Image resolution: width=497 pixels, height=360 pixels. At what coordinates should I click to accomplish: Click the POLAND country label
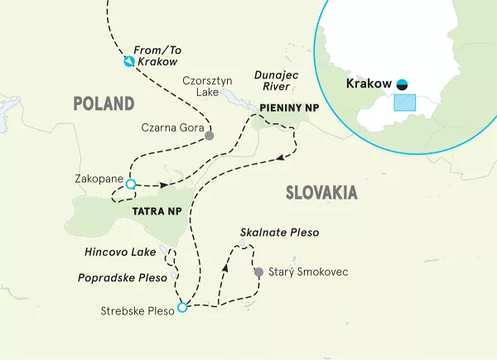(x=104, y=103)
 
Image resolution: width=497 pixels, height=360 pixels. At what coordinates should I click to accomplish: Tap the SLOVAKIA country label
(x=321, y=193)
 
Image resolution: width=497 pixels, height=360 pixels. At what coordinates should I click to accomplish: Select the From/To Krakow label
(x=158, y=56)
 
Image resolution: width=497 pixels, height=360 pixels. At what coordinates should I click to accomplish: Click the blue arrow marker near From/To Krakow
(x=129, y=62)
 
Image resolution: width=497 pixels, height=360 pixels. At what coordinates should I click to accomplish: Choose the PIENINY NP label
(x=282, y=108)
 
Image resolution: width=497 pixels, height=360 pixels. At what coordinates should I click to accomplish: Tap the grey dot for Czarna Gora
(x=210, y=136)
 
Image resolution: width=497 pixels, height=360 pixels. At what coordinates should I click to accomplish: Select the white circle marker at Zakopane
(x=129, y=185)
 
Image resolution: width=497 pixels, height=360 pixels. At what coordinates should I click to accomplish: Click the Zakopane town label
(x=98, y=179)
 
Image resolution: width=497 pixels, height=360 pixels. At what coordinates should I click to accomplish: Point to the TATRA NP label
(x=156, y=212)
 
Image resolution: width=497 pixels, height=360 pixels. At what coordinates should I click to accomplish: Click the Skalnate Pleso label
(x=279, y=233)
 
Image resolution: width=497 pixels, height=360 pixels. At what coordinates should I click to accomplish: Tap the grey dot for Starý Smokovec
(x=258, y=271)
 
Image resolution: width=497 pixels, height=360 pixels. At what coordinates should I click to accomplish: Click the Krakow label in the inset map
(x=369, y=84)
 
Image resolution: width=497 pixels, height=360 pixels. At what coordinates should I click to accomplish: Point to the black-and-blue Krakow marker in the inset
(x=402, y=84)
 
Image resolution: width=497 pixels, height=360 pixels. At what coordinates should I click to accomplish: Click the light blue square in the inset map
(x=403, y=102)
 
